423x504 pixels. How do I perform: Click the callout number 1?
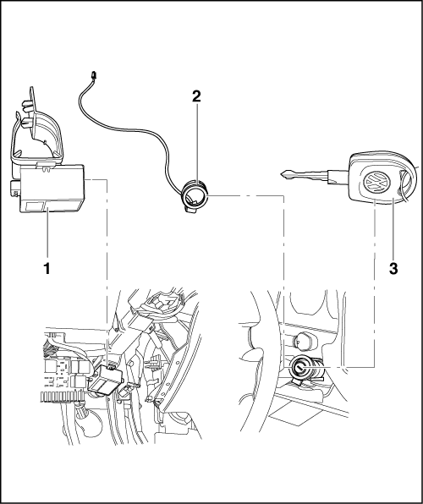47,268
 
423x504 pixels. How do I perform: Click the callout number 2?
196,96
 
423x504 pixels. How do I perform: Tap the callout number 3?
393,268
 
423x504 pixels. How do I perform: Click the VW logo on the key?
376,183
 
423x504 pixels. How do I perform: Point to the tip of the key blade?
281,174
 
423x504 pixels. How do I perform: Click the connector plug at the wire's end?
94,75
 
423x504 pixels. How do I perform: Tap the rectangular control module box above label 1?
52,189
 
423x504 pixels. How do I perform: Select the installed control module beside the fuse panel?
105,380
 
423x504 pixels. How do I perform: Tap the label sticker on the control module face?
36,206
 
